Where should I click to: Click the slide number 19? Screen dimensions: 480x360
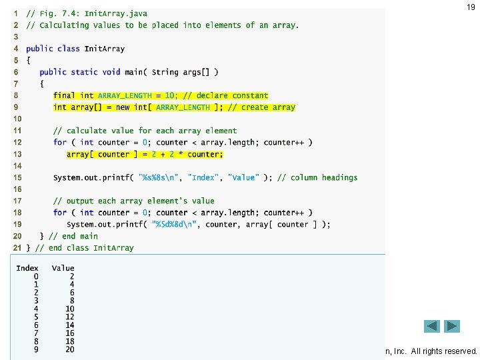point(471,7)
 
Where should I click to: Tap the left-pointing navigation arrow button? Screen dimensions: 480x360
point(433,326)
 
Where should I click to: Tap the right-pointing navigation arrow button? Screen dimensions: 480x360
point(453,326)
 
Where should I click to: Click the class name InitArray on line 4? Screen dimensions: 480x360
point(105,49)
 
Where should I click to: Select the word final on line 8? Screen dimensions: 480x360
point(64,95)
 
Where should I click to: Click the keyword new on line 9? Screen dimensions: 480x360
point(123,107)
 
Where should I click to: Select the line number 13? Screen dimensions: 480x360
point(17,154)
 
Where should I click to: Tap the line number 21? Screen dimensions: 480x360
point(17,248)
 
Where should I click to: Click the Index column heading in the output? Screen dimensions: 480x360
point(27,268)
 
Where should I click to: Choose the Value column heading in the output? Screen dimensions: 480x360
point(63,268)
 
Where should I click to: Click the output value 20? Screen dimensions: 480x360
point(69,349)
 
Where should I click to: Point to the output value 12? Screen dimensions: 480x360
point(69,317)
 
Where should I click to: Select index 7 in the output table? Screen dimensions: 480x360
point(36,333)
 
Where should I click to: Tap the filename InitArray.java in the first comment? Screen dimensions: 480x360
point(116,13)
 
